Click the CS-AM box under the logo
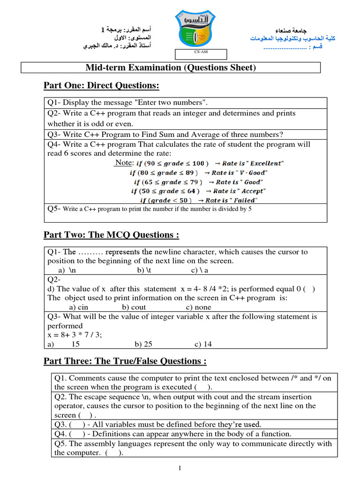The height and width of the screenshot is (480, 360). pyautogui.click(x=201, y=54)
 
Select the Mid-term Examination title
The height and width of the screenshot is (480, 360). pyautogui.click(x=171, y=68)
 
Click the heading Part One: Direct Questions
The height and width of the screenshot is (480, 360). pyautogui.click(x=101, y=85)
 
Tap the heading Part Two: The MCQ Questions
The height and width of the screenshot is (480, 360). pyautogui.click(x=111, y=235)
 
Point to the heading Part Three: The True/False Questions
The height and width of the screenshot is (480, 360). pyautogui.click(x=125, y=361)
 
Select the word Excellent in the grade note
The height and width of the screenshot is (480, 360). pyautogui.click(x=266, y=164)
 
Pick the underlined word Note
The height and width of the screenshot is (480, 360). pyautogui.click(x=124, y=163)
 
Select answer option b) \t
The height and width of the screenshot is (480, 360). pyautogui.click(x=144, y=270)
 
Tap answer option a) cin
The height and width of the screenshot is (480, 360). pyautogui.click(x=78, y=307)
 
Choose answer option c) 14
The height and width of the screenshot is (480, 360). pyautogui.click(x=203, y=344)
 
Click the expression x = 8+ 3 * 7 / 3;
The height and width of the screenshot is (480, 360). pyautogui.click(x=75, y=335)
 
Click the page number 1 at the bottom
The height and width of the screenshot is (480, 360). pyautogui.click(x=180, y=468)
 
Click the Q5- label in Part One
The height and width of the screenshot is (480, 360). pyautogui.click(x=54, y=209)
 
